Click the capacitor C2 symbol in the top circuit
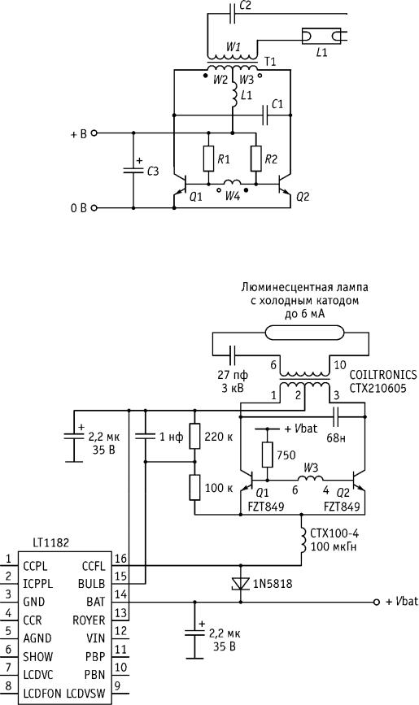(233, 14)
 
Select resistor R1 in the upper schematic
(208, 159)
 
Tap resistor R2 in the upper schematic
(256, 159)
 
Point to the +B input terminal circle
(94, 133)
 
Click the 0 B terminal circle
(94, 207)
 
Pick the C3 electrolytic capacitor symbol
(133, 170)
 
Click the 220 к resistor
(195, 435)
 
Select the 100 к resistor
(195, 487)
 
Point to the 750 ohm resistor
(268, 455)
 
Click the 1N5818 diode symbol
(241, 584)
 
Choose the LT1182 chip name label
(51, 542)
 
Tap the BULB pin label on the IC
(91, 584)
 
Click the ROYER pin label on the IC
(89, 620)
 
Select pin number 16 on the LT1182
(120, 559)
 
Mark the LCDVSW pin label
(85, 694)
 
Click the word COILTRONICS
(383, 375)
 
